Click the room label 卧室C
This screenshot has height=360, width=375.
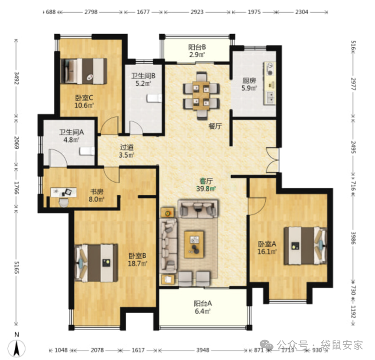tap(84, 98)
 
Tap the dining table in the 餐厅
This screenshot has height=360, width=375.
tap(201, 96)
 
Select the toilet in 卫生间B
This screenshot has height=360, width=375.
tap(154, 98)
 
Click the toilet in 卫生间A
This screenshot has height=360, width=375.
tap(87, 151)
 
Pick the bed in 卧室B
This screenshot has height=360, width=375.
tap(96, 263)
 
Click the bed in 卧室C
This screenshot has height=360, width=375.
tap(84, 71)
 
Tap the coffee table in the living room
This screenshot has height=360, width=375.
tap(194, 244)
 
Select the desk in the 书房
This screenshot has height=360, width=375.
tap(64, 192)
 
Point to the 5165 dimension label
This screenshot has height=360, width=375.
tap(16, 267)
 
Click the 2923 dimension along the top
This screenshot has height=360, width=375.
tap(197, 12)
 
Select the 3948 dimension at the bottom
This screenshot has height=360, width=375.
tap(203, 350)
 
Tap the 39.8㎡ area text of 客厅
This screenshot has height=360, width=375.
tap(206, 188)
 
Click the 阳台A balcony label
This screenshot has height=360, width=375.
tap(203, 304)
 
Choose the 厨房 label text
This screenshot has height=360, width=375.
tap(249, 81)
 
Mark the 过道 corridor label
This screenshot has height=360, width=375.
tap(127, 147)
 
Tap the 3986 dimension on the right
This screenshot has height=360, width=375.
tap(353, 238)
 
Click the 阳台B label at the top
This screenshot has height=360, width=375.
tap(197, 47)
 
